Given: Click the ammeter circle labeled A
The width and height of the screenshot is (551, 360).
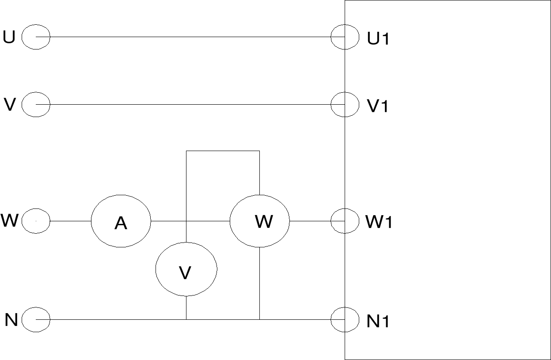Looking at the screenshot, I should [x=121, y=220].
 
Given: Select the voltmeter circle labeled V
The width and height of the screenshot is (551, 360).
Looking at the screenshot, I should [x=186, y=269].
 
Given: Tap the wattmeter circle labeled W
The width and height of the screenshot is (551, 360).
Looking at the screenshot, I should [x=260, y=220].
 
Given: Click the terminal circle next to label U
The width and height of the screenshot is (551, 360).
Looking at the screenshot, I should [x=36, y=37].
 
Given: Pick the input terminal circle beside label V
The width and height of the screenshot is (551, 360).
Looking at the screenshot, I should [x=36, y=105].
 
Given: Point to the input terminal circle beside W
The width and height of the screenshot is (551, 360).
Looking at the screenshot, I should [x=36, y=220].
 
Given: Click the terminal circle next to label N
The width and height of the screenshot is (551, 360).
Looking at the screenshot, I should [x=36, y=319].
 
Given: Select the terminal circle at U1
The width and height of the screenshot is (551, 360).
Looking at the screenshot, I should [x=345, y=37].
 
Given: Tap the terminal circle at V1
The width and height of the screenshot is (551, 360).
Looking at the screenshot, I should [x=345, y=105].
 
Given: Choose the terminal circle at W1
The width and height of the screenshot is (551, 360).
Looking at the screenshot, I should [x=345, y=220].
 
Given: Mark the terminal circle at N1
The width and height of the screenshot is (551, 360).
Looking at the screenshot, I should [x=345, y=319].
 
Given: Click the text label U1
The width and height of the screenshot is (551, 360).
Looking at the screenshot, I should [x=378, y=39].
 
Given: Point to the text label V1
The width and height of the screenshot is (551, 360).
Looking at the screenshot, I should [x=378, y=106].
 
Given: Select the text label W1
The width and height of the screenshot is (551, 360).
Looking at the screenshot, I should [x=379, y=222].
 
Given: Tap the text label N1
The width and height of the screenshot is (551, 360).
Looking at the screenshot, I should [x=378, y=321].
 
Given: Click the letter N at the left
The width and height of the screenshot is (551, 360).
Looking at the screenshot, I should [x=11, y=319].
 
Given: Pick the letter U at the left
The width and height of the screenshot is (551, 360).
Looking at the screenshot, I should [x=9, y=37].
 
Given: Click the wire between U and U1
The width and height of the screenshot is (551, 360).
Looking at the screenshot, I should [x=190, y=37].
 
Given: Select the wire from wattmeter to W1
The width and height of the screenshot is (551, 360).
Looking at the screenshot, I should [x=310, y=220].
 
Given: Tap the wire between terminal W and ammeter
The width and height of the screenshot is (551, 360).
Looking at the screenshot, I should [x=71, y=220].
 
